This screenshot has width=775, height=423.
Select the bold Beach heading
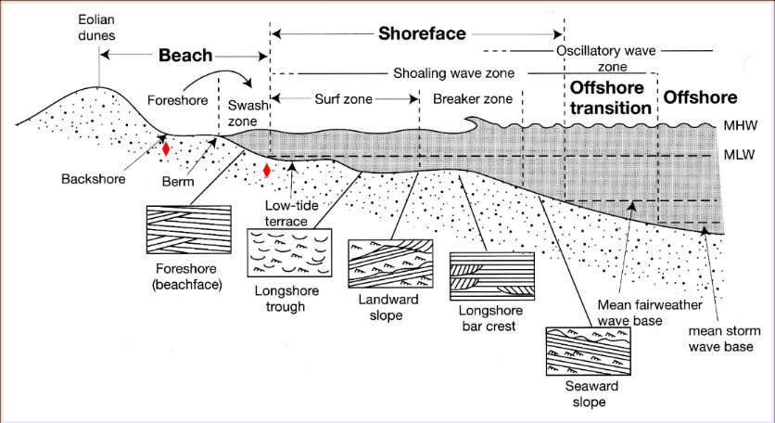pos(185,56)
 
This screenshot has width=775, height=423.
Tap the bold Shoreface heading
pos(421,34)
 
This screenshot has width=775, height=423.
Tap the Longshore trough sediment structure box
pos(290,251)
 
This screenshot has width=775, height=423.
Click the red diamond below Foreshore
pos(166,148)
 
